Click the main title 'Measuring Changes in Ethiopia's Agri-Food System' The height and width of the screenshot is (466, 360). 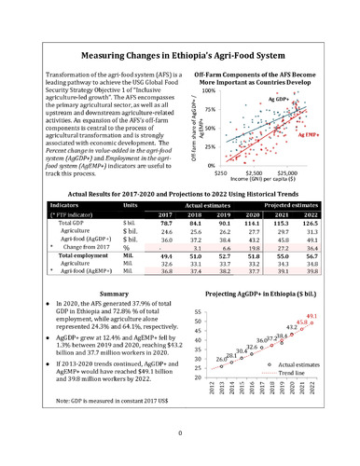coord(180,57)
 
